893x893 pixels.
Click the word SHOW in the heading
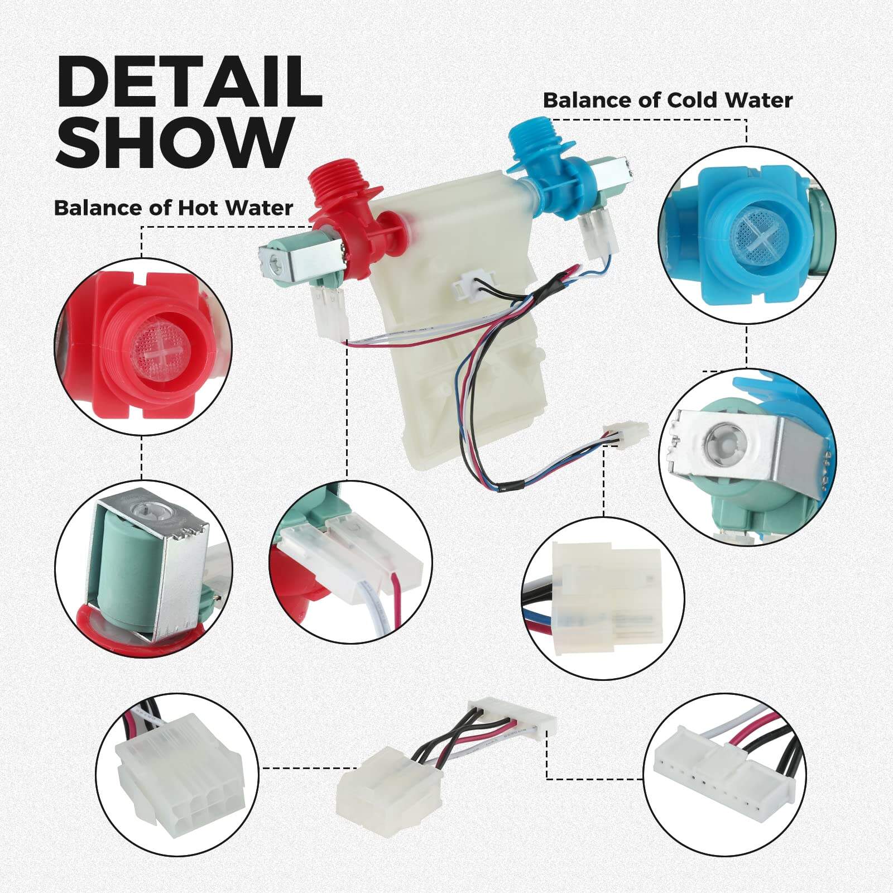point(175,142)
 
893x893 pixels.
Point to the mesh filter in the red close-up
point(161,354)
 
